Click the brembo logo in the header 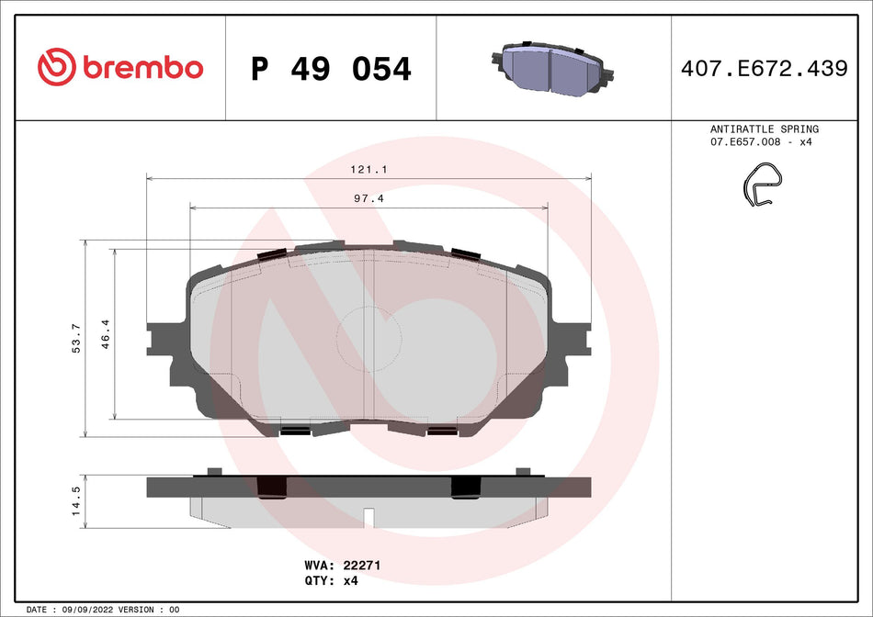(119, 67)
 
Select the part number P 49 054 (331, 68)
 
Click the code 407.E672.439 (764, 68)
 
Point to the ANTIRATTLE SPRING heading (765, 129)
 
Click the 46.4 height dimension (106, 331)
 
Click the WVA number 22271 (362, 566)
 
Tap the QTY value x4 (349, 581)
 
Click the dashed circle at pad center (369, 335)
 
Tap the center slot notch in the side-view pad (368, 517)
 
